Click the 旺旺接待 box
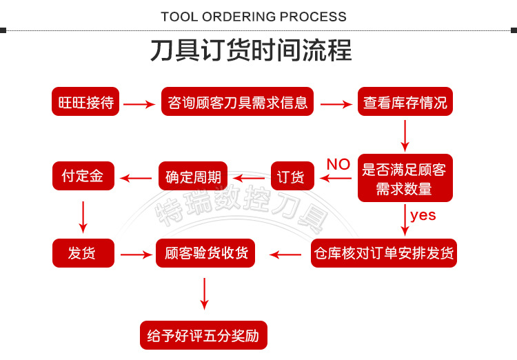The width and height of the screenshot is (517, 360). click(x=86, y=103)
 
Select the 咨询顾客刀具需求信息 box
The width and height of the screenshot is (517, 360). click(x=238, y=103)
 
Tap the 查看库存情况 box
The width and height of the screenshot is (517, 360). click(x=405, y=103)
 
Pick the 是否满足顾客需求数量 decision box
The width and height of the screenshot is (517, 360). click(x=405, y=178)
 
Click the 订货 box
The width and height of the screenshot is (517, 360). click(x=292, y=177)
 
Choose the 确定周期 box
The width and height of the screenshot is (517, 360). click(x=193, y=177)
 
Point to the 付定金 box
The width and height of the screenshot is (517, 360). click(x=83, y=176)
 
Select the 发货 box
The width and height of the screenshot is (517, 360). click(x=83, y=253)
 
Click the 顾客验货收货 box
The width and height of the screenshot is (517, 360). click(x=205, y=253)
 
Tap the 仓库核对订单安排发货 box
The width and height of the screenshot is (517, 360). click(x=384, y=253)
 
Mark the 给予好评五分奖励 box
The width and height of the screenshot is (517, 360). click(x=203, y=336)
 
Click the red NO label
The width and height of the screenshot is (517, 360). click(x=338, y=164)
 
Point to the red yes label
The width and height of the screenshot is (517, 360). click(x=423, y=214)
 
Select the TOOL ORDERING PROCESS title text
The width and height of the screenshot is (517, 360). click(x=254, y=16)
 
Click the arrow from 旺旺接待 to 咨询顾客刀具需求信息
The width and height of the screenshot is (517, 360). click(x=140, y=104)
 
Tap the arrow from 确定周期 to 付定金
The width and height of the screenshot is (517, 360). click(x=136, y=179)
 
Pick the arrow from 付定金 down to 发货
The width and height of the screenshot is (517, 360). click(x=83, y=217)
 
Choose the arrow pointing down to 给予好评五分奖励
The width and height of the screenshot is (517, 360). click(x=204, y=294)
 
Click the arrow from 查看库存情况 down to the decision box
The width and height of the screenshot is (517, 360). click(x=405, y=135)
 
